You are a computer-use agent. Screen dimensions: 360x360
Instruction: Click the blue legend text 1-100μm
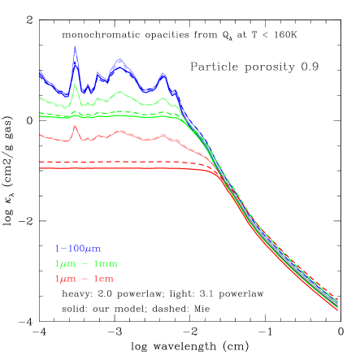77,249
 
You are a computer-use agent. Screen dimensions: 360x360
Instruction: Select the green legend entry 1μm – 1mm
85,264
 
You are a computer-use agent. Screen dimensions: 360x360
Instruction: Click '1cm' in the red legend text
103,280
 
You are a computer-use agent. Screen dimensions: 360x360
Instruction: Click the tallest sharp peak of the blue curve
75,46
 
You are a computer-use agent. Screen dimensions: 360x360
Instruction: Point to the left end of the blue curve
40,74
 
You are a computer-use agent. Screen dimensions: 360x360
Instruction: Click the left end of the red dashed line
40,162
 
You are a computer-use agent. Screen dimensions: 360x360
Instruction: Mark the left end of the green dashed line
40,115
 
